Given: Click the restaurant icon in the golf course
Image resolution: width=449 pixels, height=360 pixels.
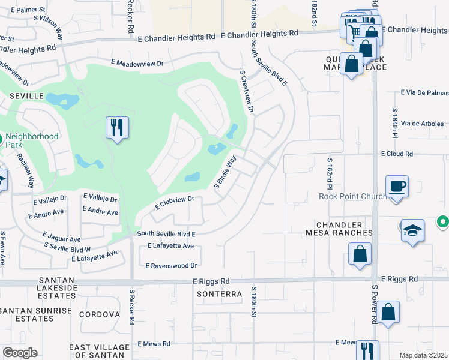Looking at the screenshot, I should click(x=116, y=128).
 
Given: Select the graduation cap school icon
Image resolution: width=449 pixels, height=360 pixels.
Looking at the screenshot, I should click(x=412, y=230).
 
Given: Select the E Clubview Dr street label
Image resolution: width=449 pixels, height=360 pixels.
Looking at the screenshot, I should click(x=175, y=203).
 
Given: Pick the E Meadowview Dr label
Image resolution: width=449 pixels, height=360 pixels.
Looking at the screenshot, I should click(x=137, y=62).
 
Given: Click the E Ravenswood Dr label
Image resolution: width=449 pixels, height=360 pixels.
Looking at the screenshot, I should click(x=172, y=265).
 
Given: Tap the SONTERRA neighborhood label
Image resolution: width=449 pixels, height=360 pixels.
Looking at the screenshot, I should click(x=219, y=294).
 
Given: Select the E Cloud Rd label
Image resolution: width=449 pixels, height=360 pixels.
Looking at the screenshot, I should click(x=397, y=154).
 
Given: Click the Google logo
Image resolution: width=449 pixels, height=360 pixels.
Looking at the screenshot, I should click(x=20, y=353).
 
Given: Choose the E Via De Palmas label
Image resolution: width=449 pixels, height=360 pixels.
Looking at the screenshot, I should click(x=424, y=93).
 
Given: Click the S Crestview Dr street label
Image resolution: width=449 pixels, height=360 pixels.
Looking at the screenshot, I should click(x=247, y=92).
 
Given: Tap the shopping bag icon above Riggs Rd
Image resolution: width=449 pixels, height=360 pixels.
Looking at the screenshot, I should click(x=360, y=253).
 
